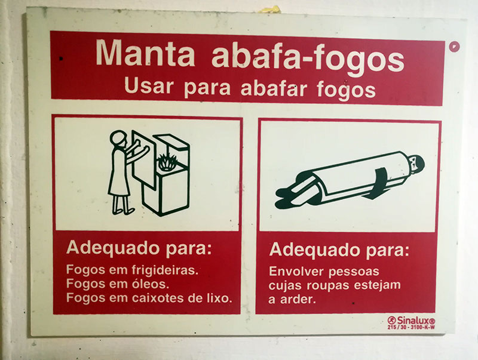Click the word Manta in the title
click(x=145, y=53)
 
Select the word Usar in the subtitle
click(x=149, y=85)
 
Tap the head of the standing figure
click(x=119, y=139)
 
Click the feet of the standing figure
click(x=123, y=211)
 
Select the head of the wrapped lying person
click(x=416, y=164)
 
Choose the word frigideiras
click(x=165, y=270)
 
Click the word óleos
click(x=151, y=284)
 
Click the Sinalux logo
click(x=411, y=321)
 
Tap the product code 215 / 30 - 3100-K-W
click(x=411, y=327)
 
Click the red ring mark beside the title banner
click(x=454, y=47)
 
